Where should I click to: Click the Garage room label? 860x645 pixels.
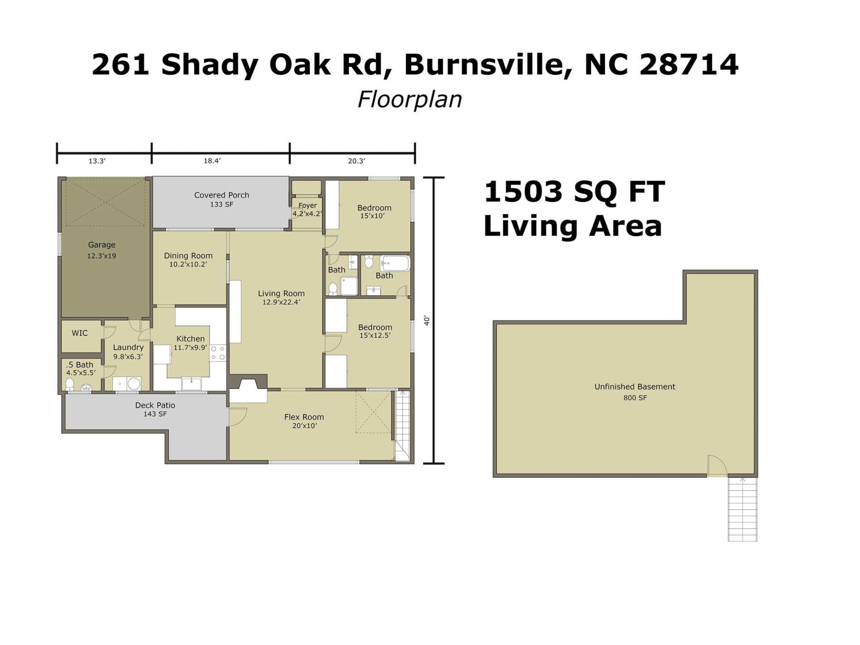pyautogui.click(x=102, y=245)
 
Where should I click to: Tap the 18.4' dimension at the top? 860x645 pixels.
pyautogui.click(x=212, y=161)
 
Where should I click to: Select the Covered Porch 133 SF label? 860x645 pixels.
pyautogui.click(x=221, y=199)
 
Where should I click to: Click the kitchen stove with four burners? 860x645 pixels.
pyautogui.click(x=218, y=353)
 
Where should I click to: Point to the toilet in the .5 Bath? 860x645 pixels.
pyautogui.click(x=70, y=384)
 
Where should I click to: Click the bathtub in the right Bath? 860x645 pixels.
pyautogui.click(x=395, y=263)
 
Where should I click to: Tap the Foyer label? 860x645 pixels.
pyautogui.click(x=307, y=206)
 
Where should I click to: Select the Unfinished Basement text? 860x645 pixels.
pyautogui.click(x=634, y=387)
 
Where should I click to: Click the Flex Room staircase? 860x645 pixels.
pyautogui.click(x=402, y=426)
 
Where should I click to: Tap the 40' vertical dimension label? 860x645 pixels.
pyautogui.click(x=427, y=321)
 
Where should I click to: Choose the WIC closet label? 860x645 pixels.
pyautogui.click(x=80, y=333)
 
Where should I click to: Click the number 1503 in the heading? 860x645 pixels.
pyautogui.click(x=523, y=192)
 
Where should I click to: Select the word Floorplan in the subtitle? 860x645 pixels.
pyautogui.click(x=409, y=99)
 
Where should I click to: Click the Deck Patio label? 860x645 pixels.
pyautogui.click(x=155, y=405)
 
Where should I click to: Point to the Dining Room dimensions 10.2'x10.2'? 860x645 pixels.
pyautogui.click(x=188, y=264)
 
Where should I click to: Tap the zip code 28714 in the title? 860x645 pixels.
pyautogui.click(x=689, y=64)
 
